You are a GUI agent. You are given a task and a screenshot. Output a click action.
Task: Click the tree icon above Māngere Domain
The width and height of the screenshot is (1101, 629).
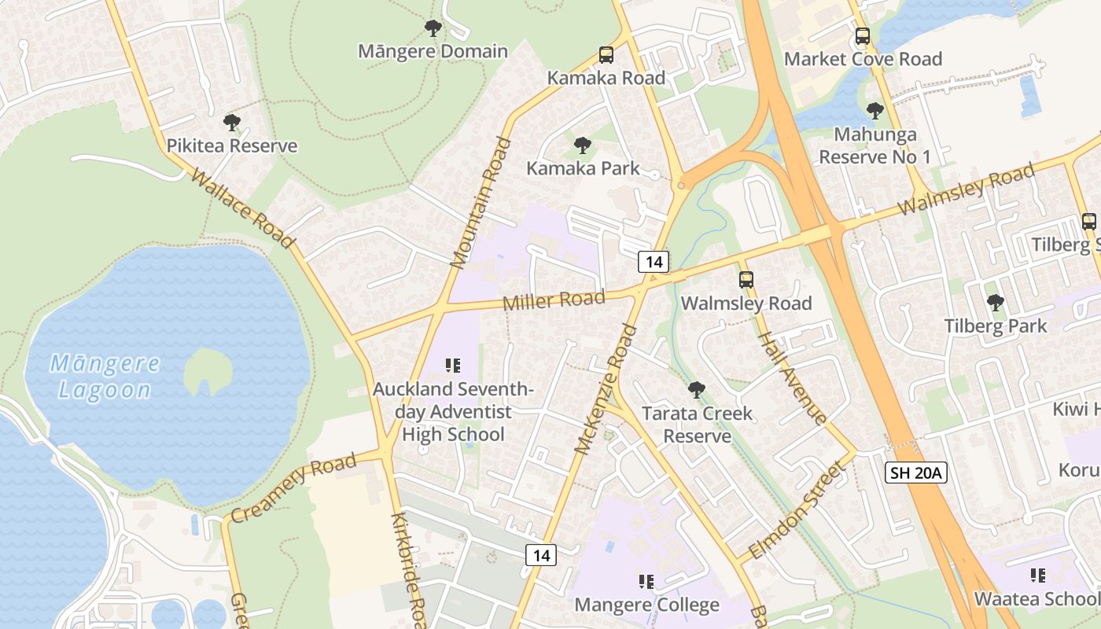[433, 29]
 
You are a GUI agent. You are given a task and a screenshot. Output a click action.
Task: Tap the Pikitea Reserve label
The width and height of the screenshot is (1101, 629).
[232, 145]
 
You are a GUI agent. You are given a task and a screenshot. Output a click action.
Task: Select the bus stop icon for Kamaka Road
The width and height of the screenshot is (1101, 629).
[606, 55]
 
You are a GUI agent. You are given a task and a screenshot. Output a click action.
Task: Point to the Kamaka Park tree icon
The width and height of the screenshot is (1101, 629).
[583, 145]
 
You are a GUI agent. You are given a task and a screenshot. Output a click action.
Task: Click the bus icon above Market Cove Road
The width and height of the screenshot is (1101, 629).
[863, 36]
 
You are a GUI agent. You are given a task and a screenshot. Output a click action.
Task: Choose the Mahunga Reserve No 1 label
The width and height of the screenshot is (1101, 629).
[875, 145]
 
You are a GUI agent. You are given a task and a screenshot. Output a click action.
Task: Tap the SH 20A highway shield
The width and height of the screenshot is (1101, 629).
[916, 473]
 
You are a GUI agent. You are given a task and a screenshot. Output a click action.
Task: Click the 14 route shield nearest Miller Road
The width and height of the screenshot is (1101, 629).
[653, 262]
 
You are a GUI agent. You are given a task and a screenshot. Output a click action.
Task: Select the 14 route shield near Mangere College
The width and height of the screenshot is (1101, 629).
[541, 555]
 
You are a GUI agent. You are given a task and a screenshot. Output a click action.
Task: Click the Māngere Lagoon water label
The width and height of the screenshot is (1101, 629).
[105, 377]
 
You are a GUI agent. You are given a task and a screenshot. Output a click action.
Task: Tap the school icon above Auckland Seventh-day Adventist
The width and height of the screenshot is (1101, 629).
[452, 366]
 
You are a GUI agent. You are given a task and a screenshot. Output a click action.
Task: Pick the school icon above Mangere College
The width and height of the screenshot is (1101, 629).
[646, 582]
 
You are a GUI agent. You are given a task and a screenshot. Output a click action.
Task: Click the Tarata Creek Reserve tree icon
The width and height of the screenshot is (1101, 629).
[696, 390]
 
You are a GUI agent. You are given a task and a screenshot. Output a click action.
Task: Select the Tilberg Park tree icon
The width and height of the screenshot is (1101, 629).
[996, 303]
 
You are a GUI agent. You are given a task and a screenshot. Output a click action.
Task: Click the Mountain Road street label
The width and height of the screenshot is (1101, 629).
[481, 203]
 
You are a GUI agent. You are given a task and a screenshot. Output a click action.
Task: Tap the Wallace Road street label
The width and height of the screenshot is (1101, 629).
[242, 208]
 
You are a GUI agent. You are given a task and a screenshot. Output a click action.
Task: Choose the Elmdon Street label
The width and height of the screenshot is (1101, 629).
[796, 510]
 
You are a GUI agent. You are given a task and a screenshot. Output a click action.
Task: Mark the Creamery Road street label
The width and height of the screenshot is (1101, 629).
[295, 488]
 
